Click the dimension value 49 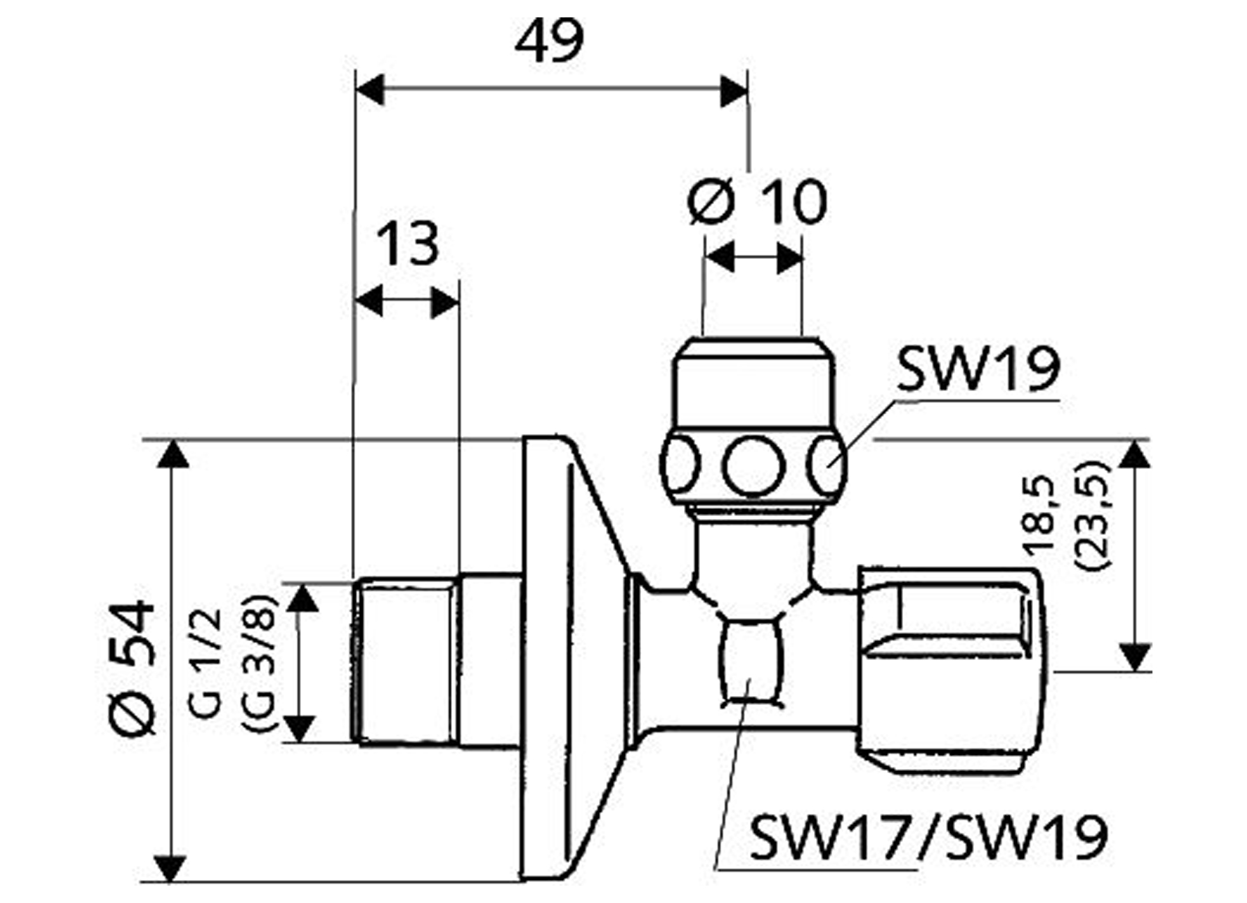pyautogui.click(x=549, y=42)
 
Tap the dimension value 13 pyautogui.click(x=408, y=245)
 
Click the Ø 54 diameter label pyautogui.click(x=133, y=667)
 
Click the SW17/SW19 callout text pyautogui.click(x=928, y=838)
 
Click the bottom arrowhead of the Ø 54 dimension pyautogui.click(x=170, y=869)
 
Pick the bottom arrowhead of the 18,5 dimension pyautogui.click(x=1134, y=657)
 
